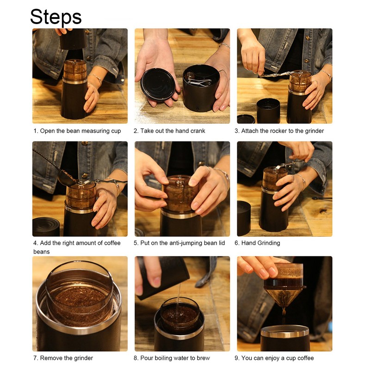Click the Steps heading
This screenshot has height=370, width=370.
(x=56, y=17)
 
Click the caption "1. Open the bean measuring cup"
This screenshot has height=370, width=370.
(x=77, y=131)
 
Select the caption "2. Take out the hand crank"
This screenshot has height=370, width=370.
(x=169, y=131)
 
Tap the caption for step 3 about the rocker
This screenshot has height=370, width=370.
(x=279, y=131)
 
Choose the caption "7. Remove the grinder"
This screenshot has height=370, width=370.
(x=63, y=358)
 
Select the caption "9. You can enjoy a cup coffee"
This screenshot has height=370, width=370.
(x=277, y=358)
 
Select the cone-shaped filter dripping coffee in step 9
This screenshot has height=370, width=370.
(x=284, y=296)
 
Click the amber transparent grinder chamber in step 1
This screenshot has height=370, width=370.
(x=74, y=69)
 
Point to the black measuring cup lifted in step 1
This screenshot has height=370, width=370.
(x=73, y=39)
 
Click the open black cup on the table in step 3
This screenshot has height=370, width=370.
(x=268, y=111)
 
